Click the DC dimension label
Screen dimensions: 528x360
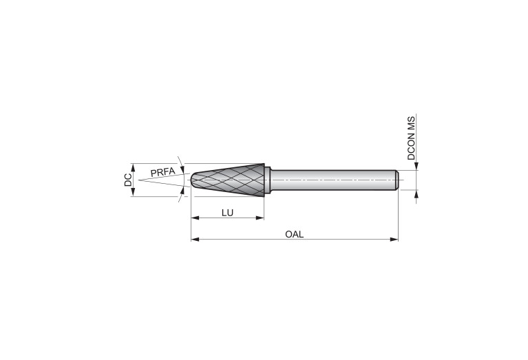pos(128,180)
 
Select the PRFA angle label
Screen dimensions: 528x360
pos(162,172)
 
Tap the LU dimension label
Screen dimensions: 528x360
pos(227,213)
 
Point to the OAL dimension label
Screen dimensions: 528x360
pos(295,235)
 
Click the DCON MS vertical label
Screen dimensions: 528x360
pos(411,138)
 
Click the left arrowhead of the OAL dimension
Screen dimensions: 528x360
pos(195,240)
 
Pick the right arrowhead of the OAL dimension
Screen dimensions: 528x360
pos(394,240)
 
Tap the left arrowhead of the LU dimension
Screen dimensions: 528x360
pos(195,218)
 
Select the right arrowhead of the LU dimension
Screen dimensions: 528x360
pos(260,218)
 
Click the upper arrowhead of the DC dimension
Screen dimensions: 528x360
pos(133,168)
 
